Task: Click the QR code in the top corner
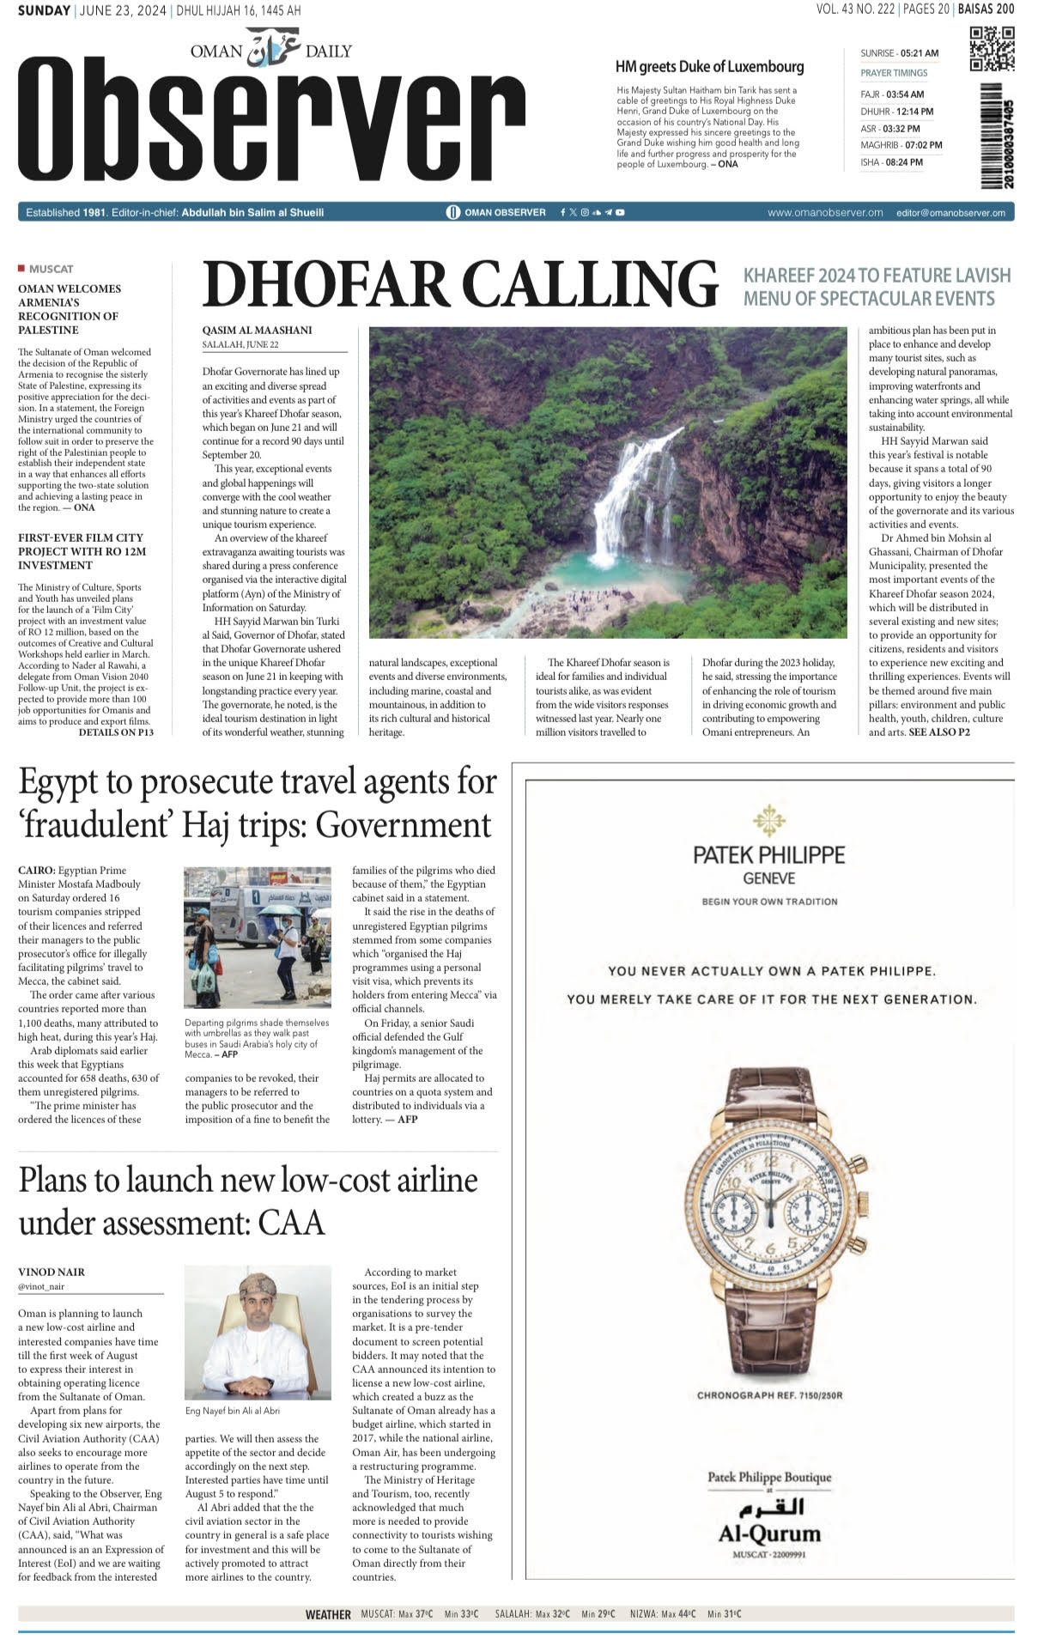(x=991, y=50)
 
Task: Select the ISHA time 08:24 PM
(x=904, y=162)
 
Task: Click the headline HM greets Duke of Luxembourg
(x=709, y=67)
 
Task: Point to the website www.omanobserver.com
(x=824, y=213)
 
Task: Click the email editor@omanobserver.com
(x=950, y=213)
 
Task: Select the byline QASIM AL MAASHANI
(x=257, y=331)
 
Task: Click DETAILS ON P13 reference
(x=116, y=732)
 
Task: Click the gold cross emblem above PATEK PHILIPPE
(x=768, y=820)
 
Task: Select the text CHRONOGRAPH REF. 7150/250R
(x=769, y=1395)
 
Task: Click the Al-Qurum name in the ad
(x=769, y=1533)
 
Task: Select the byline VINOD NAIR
(x=52, y=1272)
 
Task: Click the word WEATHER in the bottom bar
(x=328, y=1614)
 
